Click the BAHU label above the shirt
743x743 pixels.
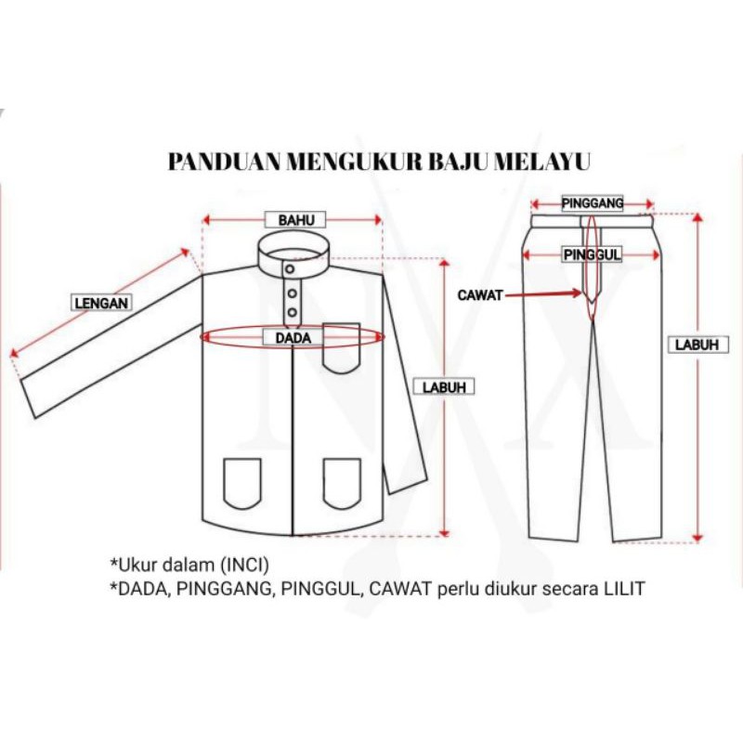coord(295,220)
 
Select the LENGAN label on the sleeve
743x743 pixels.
coord(101,303)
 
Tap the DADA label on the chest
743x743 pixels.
coord(293,338)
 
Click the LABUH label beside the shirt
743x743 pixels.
coord(444,387)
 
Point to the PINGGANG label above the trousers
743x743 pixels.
coord(593,203)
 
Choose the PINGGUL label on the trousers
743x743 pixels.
coord(593,254)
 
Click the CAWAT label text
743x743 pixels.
coord(479,295)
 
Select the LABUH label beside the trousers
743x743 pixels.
coord(697,345)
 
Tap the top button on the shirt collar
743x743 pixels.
coord(290,269)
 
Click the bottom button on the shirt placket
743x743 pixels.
coord(292,312)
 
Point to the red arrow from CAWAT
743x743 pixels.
coord(543,294)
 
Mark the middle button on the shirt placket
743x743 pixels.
coord(292,293)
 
